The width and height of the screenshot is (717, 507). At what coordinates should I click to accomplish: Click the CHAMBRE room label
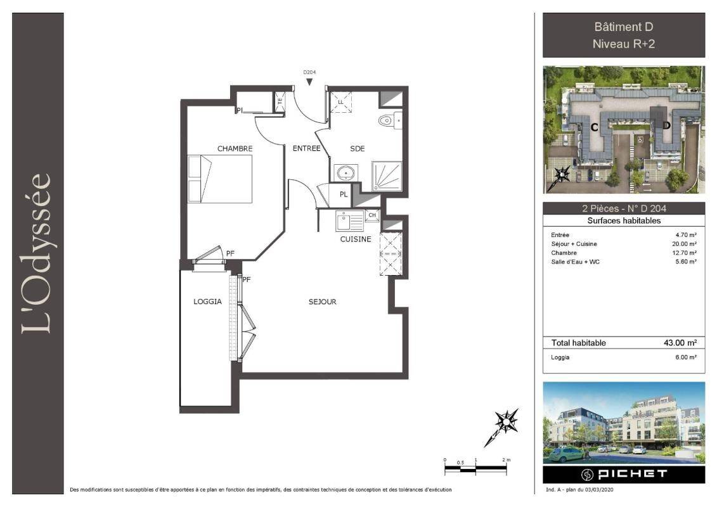[235, 148]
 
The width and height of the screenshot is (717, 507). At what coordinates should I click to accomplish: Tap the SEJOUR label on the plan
[323, 302]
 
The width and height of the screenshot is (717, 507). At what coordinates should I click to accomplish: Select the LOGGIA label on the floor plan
[207, 302]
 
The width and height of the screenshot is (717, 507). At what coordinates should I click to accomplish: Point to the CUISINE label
[356, 239]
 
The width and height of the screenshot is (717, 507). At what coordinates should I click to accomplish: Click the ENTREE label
[306, 148]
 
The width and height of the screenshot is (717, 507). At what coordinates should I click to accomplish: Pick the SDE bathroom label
[358, 148]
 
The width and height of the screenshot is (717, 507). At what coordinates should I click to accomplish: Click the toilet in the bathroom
[390, 120]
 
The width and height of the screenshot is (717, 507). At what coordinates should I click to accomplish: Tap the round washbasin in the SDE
[346, 173]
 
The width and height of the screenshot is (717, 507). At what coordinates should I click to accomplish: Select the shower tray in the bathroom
[387, 176]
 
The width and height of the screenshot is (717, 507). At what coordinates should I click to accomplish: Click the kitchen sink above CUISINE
[350, 221]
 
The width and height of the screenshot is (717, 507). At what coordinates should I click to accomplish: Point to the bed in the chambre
[220, 179]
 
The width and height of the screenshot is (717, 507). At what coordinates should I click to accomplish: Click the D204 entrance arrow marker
[309, 82]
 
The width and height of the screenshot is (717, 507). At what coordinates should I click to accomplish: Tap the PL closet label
[344, 195]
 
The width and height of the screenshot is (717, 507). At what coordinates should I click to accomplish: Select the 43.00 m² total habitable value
[680, 343]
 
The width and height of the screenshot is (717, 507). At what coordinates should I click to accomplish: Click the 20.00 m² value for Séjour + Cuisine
[685, 244]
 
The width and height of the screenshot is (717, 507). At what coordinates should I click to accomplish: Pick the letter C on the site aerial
[595, 127]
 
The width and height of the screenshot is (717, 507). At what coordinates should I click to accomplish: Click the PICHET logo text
[633, 474]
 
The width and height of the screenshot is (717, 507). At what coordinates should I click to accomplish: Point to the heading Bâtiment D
[624, 27]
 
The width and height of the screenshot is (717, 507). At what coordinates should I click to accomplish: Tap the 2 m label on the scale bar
[506, 460]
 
